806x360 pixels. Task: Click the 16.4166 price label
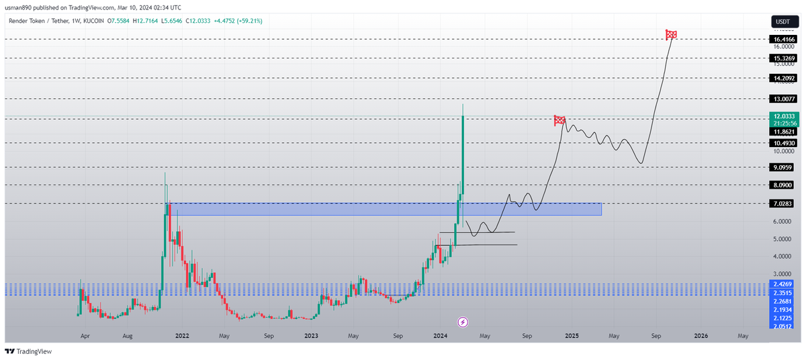(x=783, y=40)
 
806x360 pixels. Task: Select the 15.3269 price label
(x=783, y=58)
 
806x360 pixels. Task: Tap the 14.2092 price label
(x=783, y=78)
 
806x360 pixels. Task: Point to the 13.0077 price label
(x=783, y=99)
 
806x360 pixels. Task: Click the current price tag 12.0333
(x=783, y=116)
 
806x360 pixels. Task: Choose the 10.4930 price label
(x=783, y=143)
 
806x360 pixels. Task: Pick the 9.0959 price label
(x=783, y=167)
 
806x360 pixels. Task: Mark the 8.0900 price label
(x=783, y=185)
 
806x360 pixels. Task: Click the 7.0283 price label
(x=783, y=203)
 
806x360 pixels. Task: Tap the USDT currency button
(x=782, y=21)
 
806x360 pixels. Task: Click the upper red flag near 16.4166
(x=670, y=34)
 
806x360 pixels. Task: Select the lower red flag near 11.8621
(x=559, y=120)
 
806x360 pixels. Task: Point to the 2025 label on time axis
(x=572, y=334)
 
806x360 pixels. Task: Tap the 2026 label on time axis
(x=700, y=334)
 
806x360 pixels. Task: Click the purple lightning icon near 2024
(x=462, y=322)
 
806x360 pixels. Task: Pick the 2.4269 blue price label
(x=783, y=284)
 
